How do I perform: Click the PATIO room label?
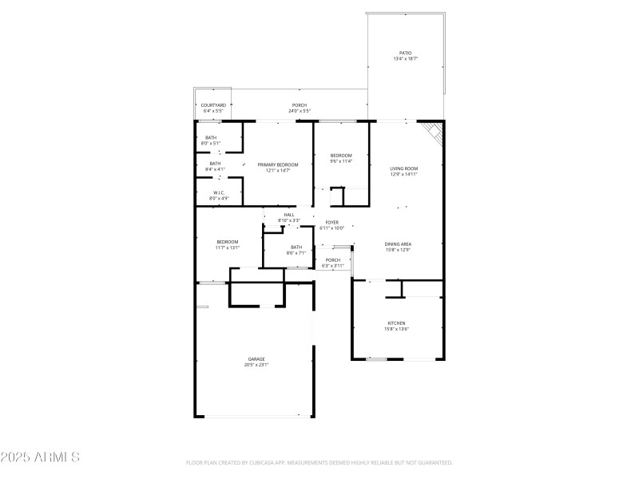pos(406,53)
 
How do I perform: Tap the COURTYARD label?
pos(213,105)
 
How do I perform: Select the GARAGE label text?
pos(256,359)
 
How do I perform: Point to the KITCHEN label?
pos(397,323)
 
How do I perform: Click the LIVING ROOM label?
pos(403,168)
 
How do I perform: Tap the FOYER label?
pos(331,223)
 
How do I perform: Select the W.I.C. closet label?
pos(219,192)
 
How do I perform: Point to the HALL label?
pos(288,215)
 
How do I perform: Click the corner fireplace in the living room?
pos(434,132)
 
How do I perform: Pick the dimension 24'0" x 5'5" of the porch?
pos(300,111)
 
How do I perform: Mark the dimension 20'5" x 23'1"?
pos(256,365)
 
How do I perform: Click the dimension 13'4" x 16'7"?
pos(406,59)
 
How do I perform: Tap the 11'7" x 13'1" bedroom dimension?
pos(227,247)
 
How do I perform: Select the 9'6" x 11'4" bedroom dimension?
pos(341,160)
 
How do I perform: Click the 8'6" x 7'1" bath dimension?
pos(296,252)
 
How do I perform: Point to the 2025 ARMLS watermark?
pos(40,457)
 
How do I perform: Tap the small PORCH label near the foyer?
pos(333,259)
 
